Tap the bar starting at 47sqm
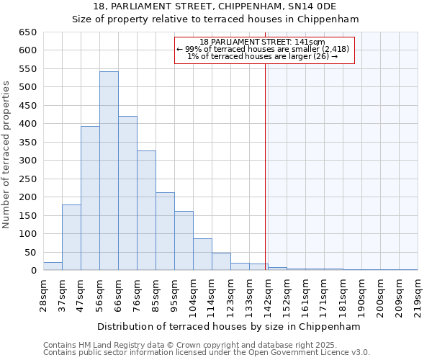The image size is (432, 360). click(90, 198)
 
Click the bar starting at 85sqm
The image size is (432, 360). click(165, 231)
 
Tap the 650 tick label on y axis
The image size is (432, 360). click(27, 32)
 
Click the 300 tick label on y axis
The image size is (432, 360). click(27, 161)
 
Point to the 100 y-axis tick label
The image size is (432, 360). click(27, 234)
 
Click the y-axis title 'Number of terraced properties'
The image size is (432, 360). click(6, 154)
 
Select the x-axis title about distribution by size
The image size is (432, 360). click(228, 326)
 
